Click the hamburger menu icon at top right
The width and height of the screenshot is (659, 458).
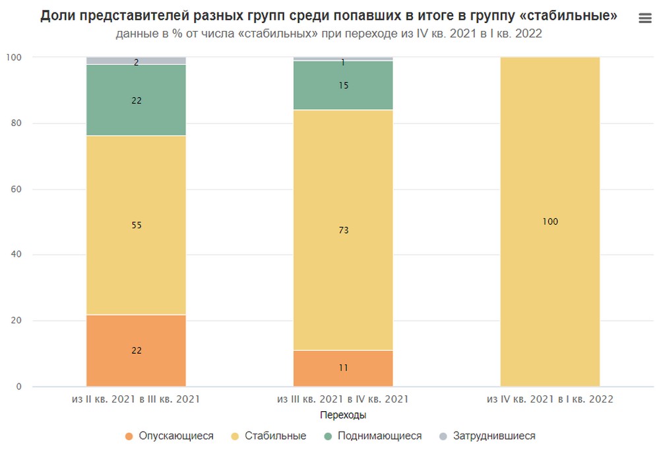645,18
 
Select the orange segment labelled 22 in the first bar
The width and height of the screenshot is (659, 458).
136,351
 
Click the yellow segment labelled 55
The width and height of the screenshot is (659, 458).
136,225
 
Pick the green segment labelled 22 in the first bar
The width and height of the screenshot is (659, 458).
136,100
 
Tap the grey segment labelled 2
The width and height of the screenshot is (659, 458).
136,61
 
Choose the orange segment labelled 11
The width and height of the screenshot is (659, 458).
343,368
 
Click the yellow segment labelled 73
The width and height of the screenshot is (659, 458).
343,230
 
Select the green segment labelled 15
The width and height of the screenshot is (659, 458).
343,85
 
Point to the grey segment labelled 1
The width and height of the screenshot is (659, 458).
343,59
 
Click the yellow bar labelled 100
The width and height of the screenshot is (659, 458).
550,222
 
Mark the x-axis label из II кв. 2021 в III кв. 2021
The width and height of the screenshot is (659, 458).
136,399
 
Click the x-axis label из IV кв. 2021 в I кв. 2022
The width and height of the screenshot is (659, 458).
550,399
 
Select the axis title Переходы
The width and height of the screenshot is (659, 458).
343,415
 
